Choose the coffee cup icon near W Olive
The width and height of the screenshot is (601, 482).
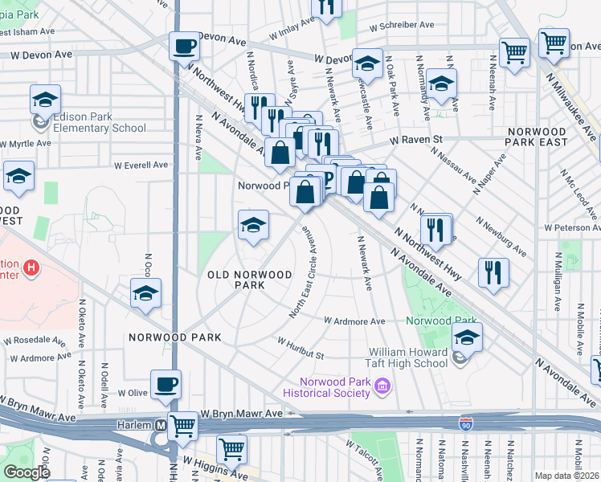pyautogui.click(x=166, y=384)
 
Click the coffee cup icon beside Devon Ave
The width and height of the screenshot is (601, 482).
pyautogui.click(x=185, y=46)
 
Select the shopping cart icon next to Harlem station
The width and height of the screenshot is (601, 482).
pyautogui.click(x=183, y=425)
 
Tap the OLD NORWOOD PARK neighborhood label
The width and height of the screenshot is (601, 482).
pyautogui.click(x=249, y=280)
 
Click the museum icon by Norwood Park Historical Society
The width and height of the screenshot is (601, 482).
pyautogui.click(x=382, y=388)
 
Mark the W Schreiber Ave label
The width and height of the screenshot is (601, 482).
pyautogui.click(x=402, y=25)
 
